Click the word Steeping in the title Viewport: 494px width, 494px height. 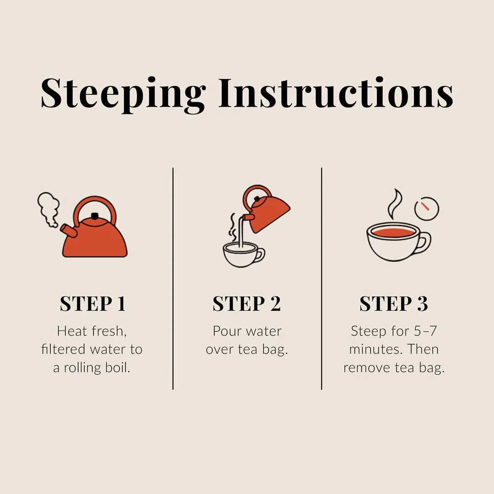(x=123, y=94)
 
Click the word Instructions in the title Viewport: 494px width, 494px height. (x=336, y=93)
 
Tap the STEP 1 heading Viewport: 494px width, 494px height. (x=93, y=304)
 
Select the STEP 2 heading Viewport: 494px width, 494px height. (x=247, y=304)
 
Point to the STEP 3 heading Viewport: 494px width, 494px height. (x=394, y=304)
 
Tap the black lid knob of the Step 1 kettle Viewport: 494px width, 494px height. (x=94, y=216)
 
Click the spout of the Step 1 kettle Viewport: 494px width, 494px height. (x=69, y=230)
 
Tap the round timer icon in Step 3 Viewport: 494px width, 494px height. (x=427, y=208)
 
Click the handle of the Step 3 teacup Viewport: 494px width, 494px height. (x=424, y=242)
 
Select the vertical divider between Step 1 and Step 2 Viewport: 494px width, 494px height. (x=173, y=279)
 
